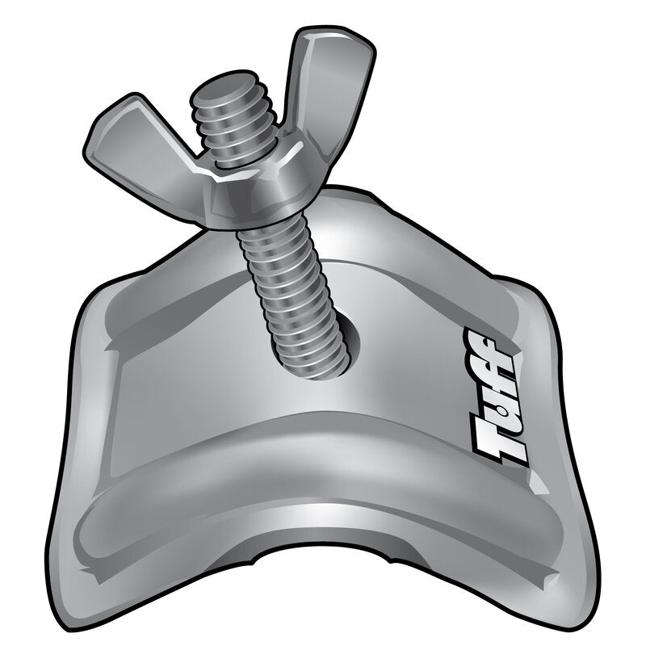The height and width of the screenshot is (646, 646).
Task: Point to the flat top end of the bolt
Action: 222,89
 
